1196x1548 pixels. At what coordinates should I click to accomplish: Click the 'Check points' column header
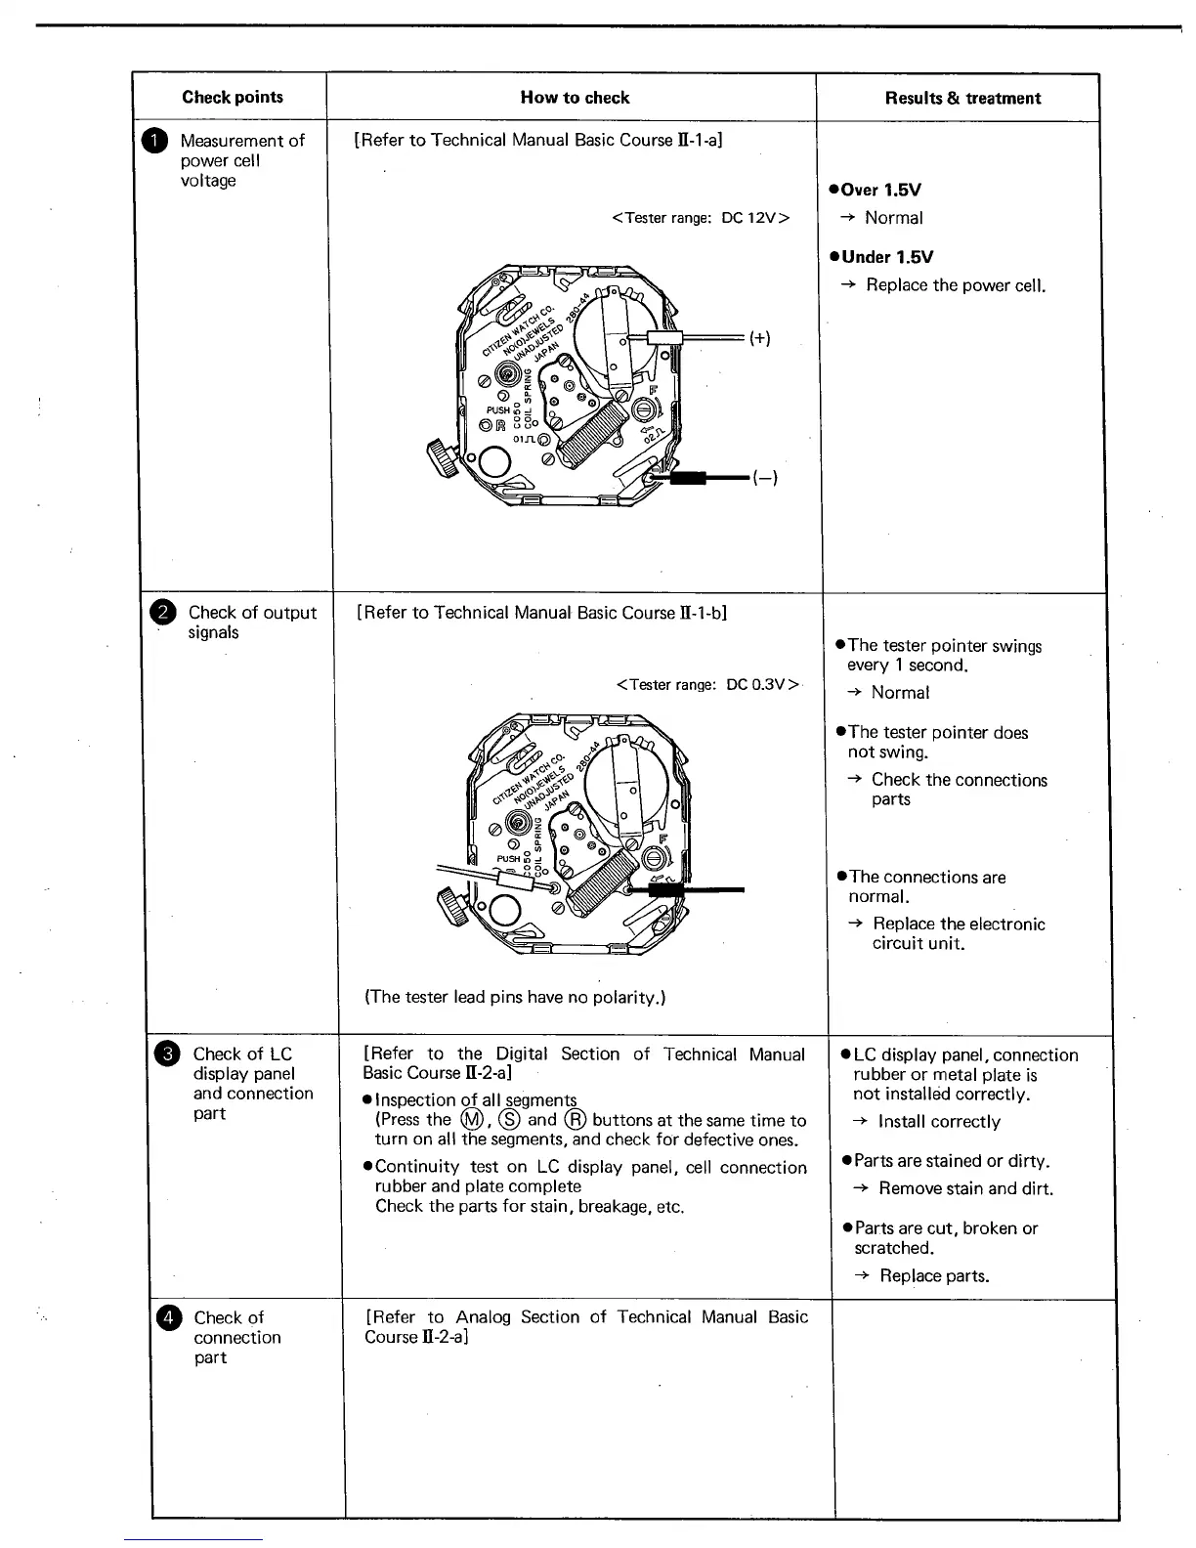pos(233,97)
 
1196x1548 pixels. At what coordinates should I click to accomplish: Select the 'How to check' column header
pos(575,97)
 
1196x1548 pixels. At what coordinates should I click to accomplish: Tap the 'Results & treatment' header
pos(962,98)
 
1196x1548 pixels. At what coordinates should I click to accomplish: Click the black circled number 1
pos(158,142)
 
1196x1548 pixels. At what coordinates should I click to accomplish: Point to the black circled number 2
pos(163,613)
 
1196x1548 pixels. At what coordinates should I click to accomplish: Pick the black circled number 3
pos(168,1053)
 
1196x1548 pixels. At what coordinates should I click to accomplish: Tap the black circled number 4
pos(169,1318)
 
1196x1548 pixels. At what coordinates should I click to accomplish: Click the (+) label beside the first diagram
pos(760,338)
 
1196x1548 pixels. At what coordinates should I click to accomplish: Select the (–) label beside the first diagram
pos(765,478)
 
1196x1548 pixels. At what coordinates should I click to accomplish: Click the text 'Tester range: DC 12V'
pos(700,218)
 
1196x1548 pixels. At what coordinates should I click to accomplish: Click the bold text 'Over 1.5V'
pos(880,190)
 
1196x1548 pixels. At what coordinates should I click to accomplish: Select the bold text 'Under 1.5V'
pos(886,257)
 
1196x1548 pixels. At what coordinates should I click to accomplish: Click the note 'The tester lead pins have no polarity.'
pos(515,997)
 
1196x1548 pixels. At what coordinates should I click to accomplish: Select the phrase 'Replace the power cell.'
pos(956,285)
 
